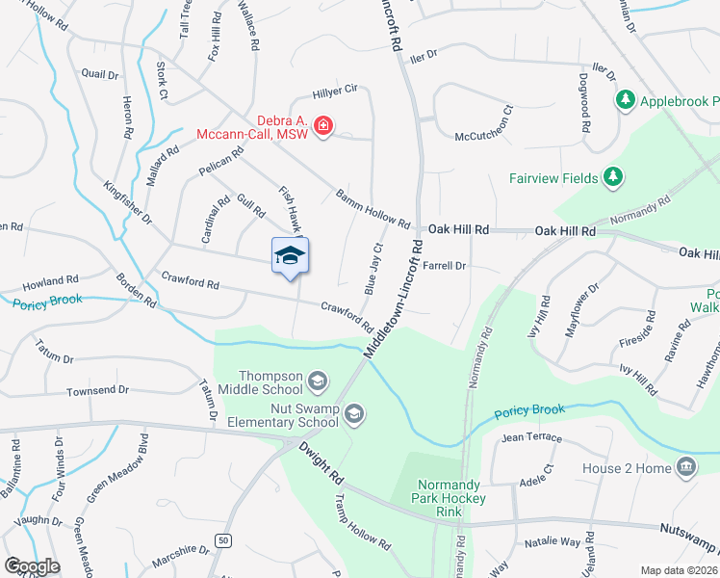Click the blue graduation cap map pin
click(290, 256)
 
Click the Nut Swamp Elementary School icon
click(353, 414)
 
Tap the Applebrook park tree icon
click(626, 100)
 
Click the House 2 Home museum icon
click(686, 468)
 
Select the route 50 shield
click(222, 540)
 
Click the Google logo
click(32, 565)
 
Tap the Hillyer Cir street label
click(335, 92)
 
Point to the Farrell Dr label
click(444, 265)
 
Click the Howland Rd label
click(50, 281)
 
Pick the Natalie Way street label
click(553, 543)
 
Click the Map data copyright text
click(677, 569)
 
